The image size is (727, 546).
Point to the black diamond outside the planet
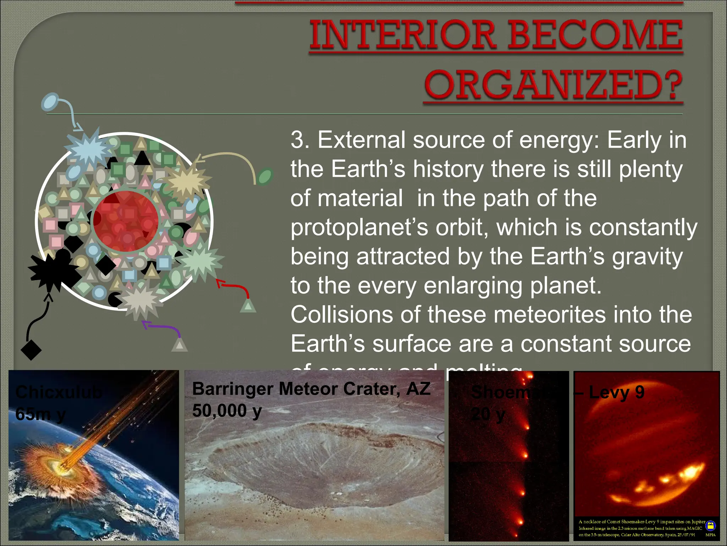[x=31, y=350]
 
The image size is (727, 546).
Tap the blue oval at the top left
[x=50, y=102]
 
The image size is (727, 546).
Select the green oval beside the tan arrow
[x=265, y=176]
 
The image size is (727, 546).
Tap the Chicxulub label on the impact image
[x=59, y=392]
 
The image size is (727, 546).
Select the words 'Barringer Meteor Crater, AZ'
[x=311, y=389]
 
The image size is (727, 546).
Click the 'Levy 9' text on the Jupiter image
[x=617, y=392]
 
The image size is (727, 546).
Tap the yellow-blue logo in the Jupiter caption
[x=710, y=525]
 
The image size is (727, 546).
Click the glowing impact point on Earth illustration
[x=66, y=464]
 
